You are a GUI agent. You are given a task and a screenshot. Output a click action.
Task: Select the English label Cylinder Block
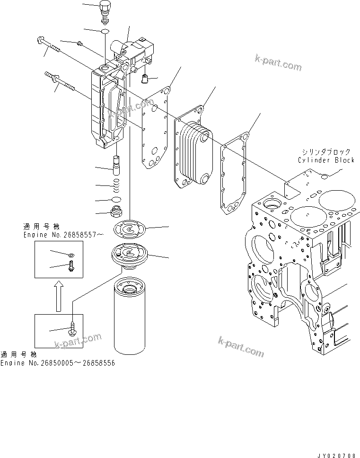(x=326, y=160)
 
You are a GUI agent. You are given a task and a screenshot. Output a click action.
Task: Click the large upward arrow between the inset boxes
(x=58, y=295)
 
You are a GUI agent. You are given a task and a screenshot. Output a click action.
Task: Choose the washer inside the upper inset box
(x=70, y=255)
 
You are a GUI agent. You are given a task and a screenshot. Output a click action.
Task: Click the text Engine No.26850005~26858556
(x=57, y=363)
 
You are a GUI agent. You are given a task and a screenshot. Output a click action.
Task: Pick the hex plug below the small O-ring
(x=116, y=211)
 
